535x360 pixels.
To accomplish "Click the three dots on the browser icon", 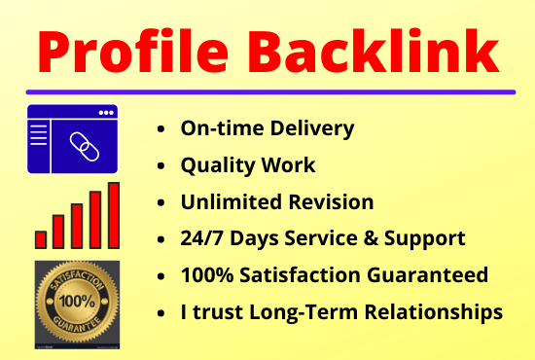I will (x=103, y=112).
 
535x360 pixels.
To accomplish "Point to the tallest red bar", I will (x=114, y=214).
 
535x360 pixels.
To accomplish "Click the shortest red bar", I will (x=41, y=238).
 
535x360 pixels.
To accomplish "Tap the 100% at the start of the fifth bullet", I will (x=205, y=275).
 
